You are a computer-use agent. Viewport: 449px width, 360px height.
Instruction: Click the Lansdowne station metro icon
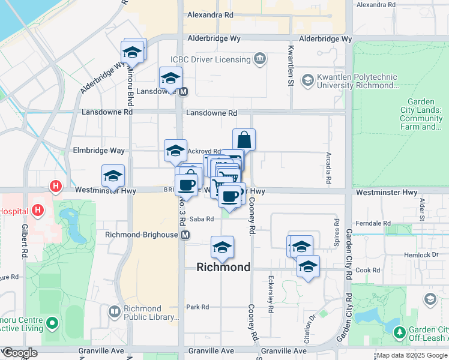pyautogui.click(x=184, y=92)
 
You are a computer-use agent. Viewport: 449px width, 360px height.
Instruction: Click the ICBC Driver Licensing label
pyautogui.click(x=210, y=59)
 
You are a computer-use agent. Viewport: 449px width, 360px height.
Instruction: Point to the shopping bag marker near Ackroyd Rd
pyautogui.click(x=244, y=140)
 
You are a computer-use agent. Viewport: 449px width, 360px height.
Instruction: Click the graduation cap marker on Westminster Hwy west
pyautogui.click(x=113, y=176)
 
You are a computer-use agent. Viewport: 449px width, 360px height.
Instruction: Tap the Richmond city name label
pyautogui.click(x=223, y=268)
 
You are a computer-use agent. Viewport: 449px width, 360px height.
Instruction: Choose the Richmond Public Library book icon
pyautogui.click(x=114, y=311)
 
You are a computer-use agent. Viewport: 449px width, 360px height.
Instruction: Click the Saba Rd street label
pyautogui.click(x=202, y=219)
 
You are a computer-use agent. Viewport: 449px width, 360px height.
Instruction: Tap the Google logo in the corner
pyautogui.click(x=20, y=353)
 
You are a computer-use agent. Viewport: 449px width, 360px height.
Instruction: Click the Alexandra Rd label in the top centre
pyautogui.click(x=209, y=15)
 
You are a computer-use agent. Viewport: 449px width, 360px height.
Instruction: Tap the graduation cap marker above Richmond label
pyautogui.click(x=222, y=248)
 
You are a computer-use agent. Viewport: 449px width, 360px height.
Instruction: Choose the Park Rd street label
pyautogui.click(x=197, y=307)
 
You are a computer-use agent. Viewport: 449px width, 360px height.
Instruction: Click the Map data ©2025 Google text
pyautogui.click(x=412, y=355)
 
